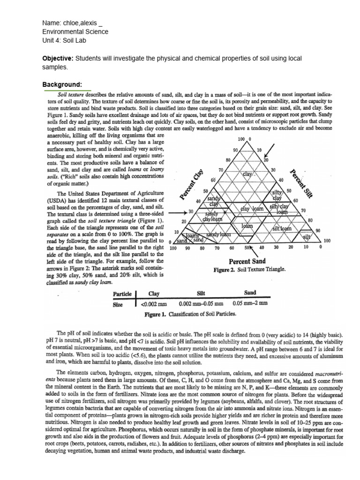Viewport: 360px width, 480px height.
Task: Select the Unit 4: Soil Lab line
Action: (x=64, y=40)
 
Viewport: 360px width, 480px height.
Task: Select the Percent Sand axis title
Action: (x=247, y=261)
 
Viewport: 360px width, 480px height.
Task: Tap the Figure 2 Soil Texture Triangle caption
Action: (x=250, y=270)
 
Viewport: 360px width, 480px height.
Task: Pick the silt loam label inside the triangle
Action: (x=282, y=228)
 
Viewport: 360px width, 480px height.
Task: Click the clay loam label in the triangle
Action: (x=252, y=209)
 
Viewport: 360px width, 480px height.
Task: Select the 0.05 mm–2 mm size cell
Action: (x=250, y=303)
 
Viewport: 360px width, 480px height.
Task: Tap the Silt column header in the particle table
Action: (x=201, y=293)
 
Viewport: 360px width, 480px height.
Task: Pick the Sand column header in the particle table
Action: (x=250, y=293)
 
